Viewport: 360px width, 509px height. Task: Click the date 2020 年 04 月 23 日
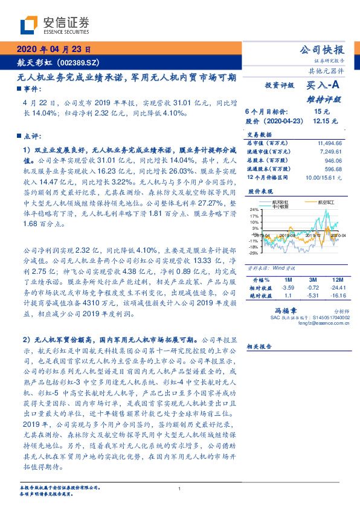click(x=54, y=50)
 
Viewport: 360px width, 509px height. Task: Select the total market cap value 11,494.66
click(x=329, y=141)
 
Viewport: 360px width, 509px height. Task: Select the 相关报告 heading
click(x=260, y=347)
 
